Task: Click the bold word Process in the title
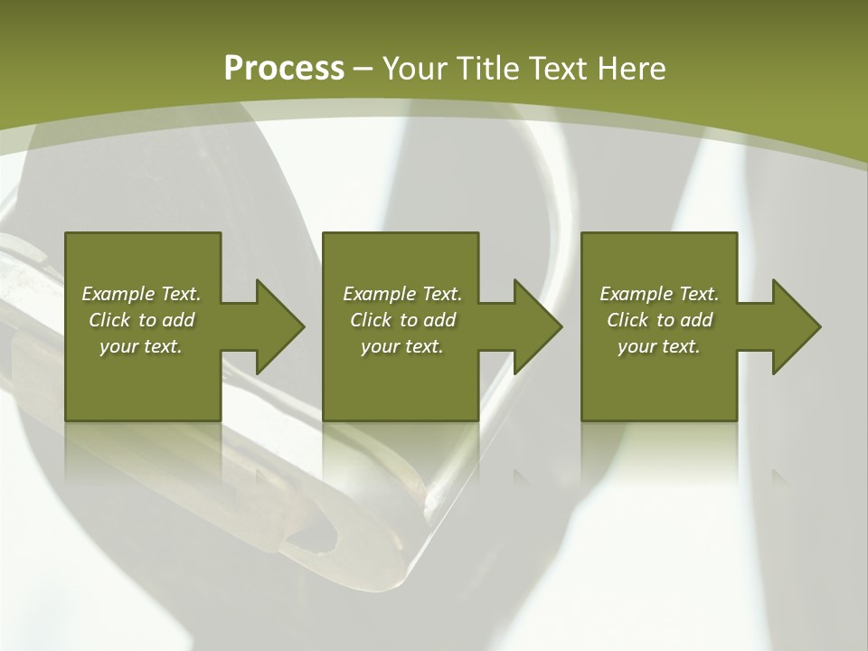[284, 69]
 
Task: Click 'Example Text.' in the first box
[141, 294]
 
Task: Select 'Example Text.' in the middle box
[401, 294]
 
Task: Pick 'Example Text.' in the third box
[659, 294]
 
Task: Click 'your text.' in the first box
[141, 346]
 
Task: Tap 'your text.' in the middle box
[401, 346]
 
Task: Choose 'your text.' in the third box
[659, 346]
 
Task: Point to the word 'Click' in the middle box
[371, 320]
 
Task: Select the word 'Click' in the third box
[627, 320]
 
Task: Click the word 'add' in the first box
[178, 320]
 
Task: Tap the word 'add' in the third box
[696, 320]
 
